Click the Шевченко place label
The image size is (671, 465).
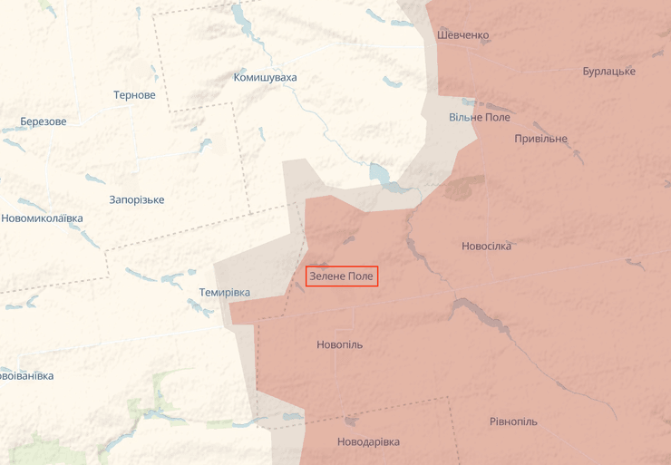[x=462, y=35]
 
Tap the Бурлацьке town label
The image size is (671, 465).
[x=609, y=72]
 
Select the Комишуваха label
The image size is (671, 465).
[x=265, y=78]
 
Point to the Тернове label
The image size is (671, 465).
[x=134, y=95]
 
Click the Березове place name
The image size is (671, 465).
[x=44, y=121]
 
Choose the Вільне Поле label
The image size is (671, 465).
[x=480, y=118]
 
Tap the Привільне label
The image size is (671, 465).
[x=540, y=139]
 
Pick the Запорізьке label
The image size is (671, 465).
[x=136, y=199]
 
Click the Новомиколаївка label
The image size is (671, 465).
[x=42, y=218]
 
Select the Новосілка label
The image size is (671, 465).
[x=486, y=247]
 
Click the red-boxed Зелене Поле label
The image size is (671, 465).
[x=341, y=276]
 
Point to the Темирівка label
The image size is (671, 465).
[x=224, y=293]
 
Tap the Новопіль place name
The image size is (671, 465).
[x=339, y=345]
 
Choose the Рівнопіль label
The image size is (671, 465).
[x=513, y=422]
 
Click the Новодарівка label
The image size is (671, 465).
[x=367, y=442]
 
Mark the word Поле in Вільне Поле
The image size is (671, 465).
[x=497, y=118]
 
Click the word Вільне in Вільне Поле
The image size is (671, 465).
[x=465, y=118]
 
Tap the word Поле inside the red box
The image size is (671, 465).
[x=360, y=276]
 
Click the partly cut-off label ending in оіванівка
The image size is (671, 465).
[x=26, y=375]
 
